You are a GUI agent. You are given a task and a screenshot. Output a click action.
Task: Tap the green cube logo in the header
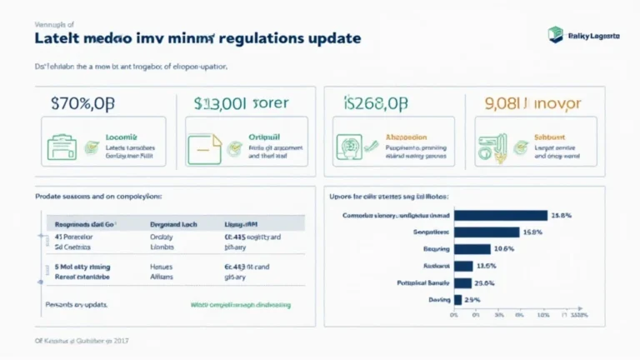[555, 34]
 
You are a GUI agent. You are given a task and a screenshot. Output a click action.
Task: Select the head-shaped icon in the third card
[349, 146]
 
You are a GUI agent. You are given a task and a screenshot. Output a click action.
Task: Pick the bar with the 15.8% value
[487, 232]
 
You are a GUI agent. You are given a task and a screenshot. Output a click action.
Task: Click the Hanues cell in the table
[161, 267]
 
